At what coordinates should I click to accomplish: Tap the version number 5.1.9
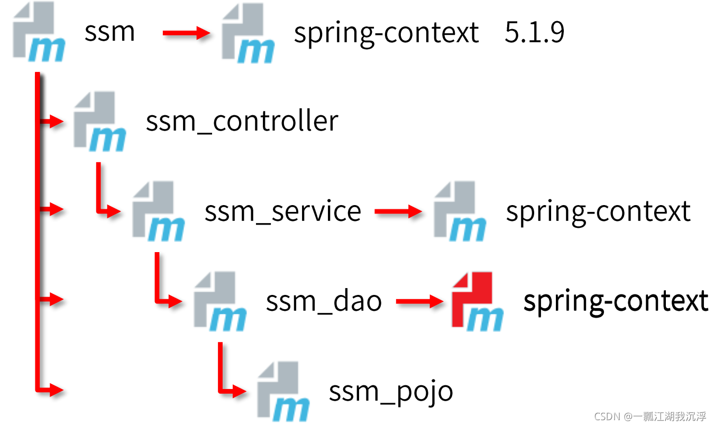[534, 33]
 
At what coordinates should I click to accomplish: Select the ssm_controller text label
[242, 122]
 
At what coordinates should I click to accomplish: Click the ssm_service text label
[282, 211]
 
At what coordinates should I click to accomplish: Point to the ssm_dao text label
[324, 301]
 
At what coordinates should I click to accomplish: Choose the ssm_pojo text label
[391, 392]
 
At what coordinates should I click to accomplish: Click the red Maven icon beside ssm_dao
[477, 301]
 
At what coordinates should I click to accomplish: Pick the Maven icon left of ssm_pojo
[283, 392]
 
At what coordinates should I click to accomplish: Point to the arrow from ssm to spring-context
[186, 33]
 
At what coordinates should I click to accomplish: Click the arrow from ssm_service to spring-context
[398, 212]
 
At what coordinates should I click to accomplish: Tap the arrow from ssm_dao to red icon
[419, 302]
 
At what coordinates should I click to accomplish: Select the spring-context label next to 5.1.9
[386, 33]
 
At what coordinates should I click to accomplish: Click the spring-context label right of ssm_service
[598, 211]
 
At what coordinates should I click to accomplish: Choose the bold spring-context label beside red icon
[616, 301]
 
